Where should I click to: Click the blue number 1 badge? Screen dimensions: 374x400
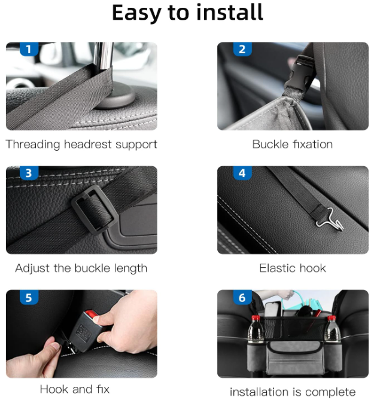click(29, 49)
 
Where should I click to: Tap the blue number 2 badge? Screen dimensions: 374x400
click(242, 49)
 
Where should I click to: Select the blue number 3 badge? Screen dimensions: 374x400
click(29, 173)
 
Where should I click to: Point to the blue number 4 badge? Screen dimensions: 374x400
click(242, 173)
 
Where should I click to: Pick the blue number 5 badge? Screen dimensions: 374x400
click(29, 297)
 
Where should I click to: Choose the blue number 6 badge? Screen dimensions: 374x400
click(242, 297)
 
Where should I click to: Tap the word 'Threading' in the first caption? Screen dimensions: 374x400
click(33, 145)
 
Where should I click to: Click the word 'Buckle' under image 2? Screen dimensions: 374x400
click(270, 144)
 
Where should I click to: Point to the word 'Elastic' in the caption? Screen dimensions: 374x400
click(278, 268)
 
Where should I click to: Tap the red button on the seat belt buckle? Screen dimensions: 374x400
click(91, 313)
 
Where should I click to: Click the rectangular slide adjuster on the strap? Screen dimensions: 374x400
click(95, 210)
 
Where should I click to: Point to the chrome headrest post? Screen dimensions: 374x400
click(103, 56)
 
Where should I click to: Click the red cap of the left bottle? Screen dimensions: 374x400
click(256, 318)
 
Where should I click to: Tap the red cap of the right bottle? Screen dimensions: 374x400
click(332, 318)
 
